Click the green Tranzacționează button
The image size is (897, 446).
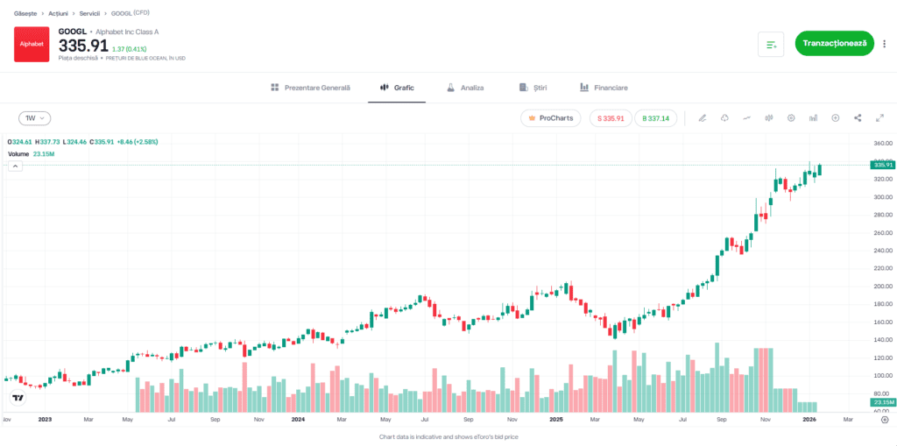(834, 43)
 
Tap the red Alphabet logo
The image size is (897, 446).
(32, 44)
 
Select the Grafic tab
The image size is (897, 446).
(397, 88)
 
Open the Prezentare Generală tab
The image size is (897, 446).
(310, 88)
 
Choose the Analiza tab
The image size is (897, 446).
(465, 88)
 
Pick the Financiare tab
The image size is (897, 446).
(604, 88)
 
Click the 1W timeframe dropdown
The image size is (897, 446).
(35, 117)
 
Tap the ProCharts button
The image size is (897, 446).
(550, 117)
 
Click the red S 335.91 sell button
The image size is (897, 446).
(610, 117)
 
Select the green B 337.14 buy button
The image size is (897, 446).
(655, 117)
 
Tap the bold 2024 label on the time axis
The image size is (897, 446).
(298, 420)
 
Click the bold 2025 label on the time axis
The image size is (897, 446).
(554, 420)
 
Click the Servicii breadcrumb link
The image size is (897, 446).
(90, 14)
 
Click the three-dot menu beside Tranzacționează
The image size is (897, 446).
(884, 43)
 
